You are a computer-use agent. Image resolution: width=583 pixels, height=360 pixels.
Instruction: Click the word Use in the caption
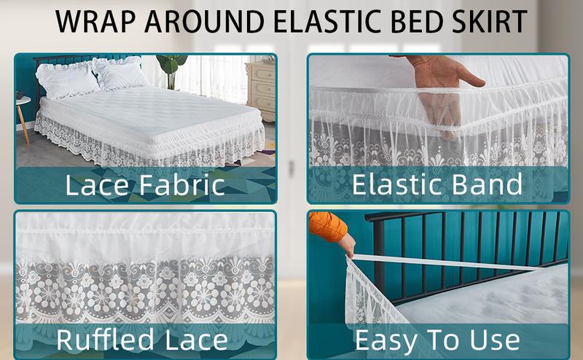click(x=496, y=340)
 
